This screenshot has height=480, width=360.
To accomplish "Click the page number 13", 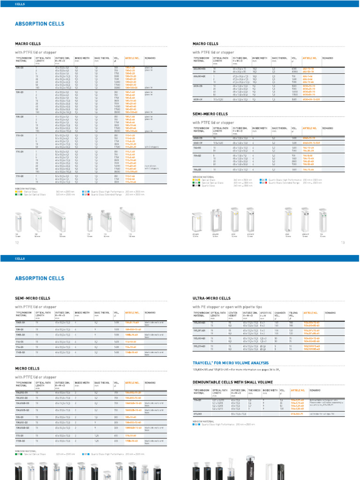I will [x=342, y=242].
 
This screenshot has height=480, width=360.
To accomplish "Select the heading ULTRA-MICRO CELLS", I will [x=211, y=298].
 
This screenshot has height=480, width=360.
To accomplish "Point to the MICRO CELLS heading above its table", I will [x=27, y=368].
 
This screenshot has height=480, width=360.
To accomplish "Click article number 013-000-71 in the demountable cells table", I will [x=298, y=414].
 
